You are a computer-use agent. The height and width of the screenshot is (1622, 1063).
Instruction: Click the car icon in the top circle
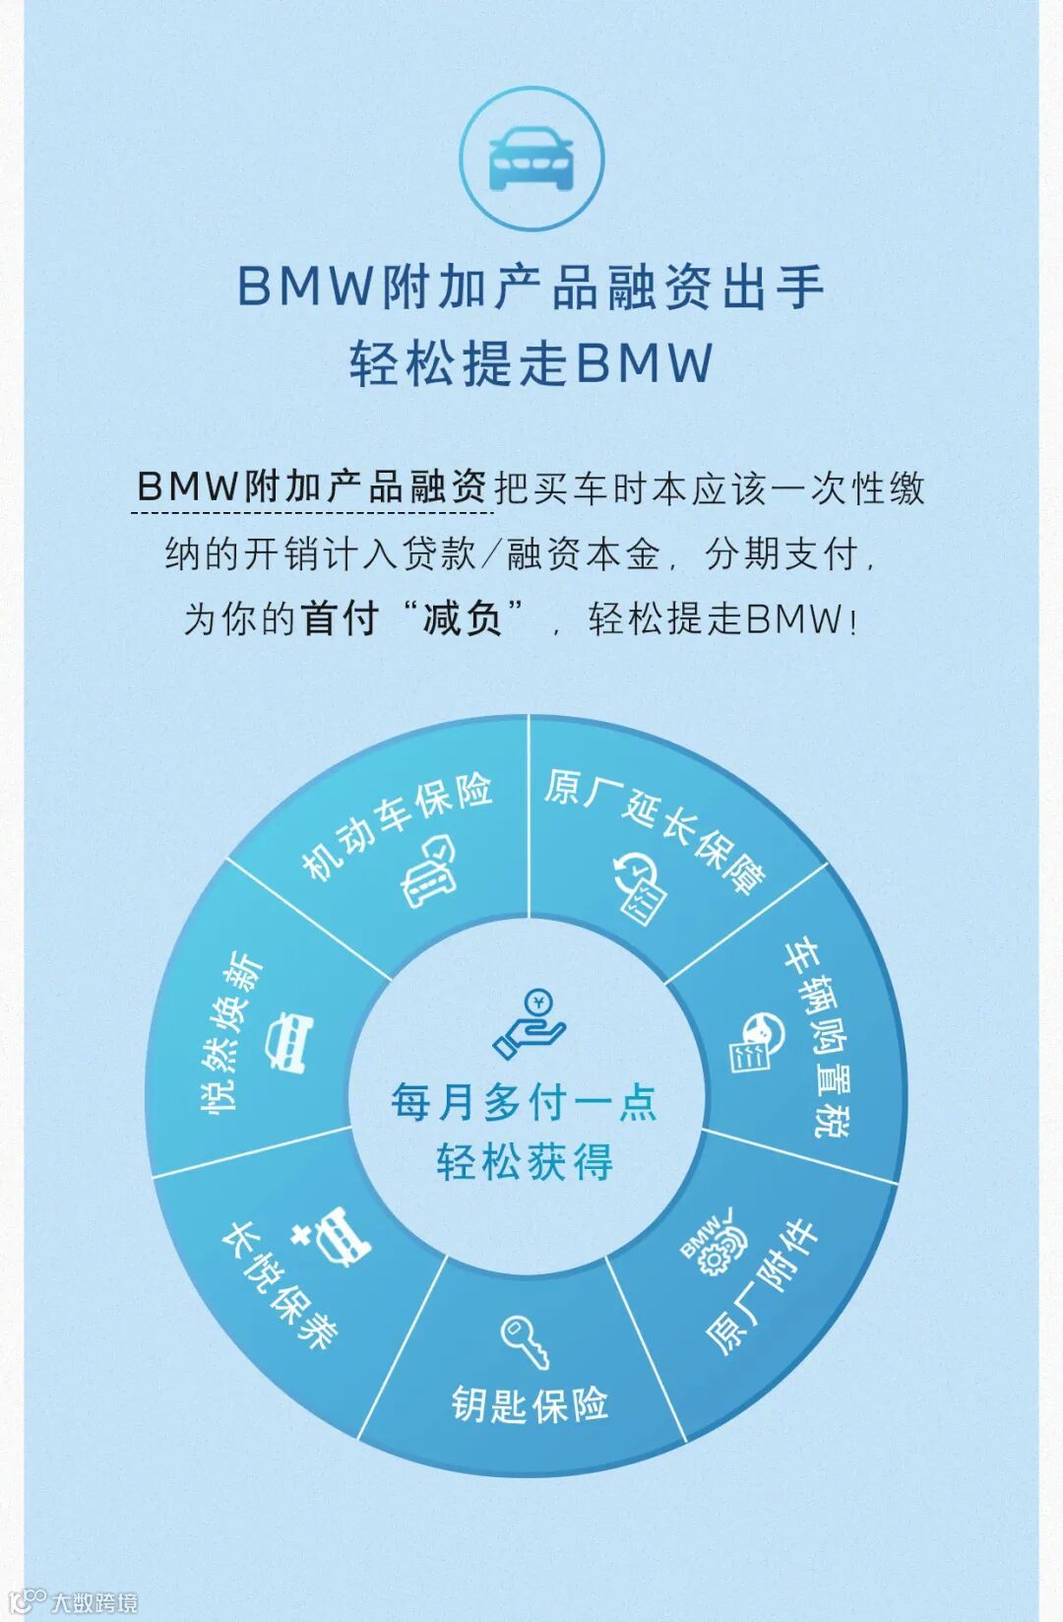point(531,160)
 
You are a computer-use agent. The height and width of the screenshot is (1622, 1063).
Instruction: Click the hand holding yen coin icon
point(530,1024)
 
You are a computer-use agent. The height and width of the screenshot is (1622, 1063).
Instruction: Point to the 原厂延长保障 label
point(656,828)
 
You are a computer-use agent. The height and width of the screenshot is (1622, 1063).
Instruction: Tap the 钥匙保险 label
point(530,1404)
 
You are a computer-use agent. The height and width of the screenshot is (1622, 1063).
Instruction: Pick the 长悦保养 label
point(280,1284)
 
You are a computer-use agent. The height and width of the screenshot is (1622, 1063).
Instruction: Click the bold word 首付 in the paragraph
point(341,618)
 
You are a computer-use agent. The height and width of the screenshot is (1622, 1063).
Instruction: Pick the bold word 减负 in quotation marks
point(463,618)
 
